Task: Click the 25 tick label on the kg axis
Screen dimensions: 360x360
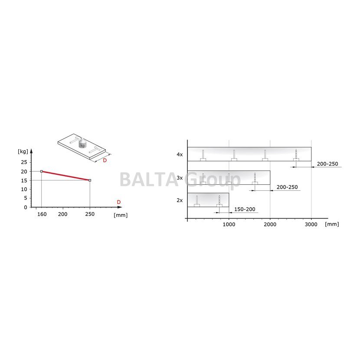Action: [x=24, y=162]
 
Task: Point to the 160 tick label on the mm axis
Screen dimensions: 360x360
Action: [x=42, y=214]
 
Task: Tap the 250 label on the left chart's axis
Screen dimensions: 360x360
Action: [x=90, y=214]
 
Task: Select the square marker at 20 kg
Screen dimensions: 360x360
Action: [x=42, y=171]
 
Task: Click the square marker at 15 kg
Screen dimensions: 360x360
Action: [x=90, y=180]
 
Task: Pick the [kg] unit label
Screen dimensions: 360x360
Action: [x=23, y=151]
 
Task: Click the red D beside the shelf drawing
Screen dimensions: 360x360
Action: [x=105, y=160]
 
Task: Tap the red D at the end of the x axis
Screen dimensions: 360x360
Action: [x=119, y=202]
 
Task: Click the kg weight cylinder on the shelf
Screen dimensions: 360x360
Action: [x=82, y=144]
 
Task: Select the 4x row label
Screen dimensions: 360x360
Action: [x=180, y=154]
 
